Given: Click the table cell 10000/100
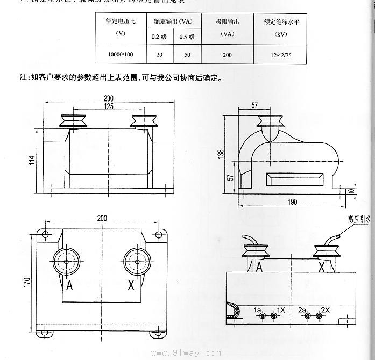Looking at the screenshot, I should click(x=121, y=54).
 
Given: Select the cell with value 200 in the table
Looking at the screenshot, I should click(x=228, y=54).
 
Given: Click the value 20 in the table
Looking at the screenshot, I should click(x=159, y=54).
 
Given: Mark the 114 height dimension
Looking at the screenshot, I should click(x=32, y=160).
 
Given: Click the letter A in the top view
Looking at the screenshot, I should click(x=68, y=286).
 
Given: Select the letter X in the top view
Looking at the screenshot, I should click(x=131, y=286).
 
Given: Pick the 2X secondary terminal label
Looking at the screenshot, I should click(x=325, y=310).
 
